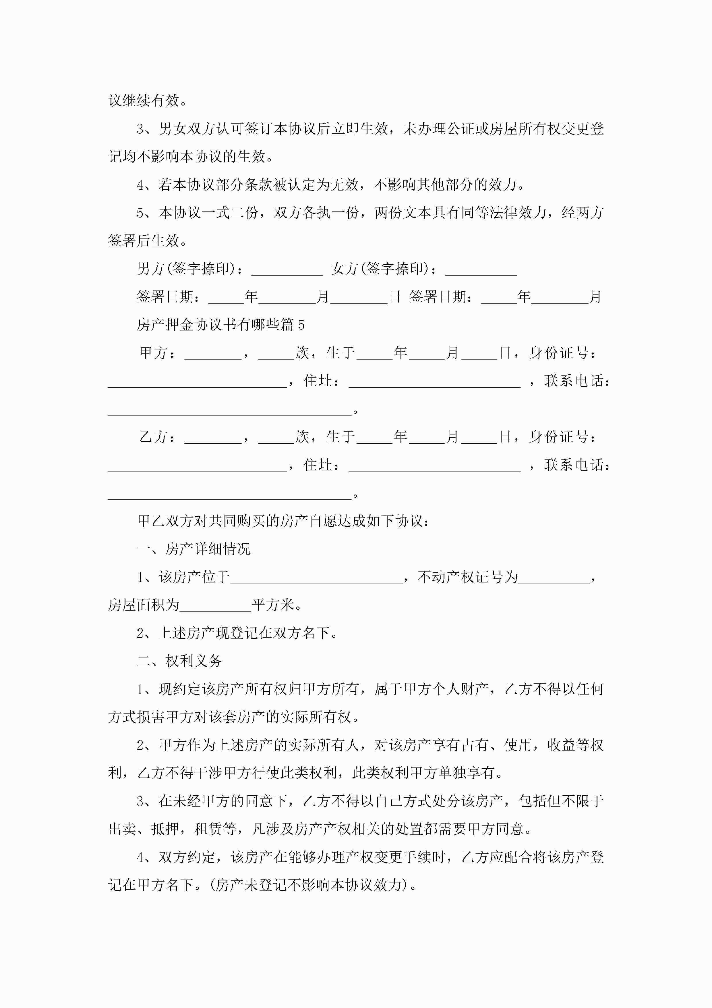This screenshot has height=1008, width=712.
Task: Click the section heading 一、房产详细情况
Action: (x=194, y=549)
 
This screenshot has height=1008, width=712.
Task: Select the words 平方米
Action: (x=273, y=605)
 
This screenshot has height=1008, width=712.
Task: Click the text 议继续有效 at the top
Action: (x=144, y=101)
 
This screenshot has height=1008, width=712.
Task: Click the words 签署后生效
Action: (x=144, y=241)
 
